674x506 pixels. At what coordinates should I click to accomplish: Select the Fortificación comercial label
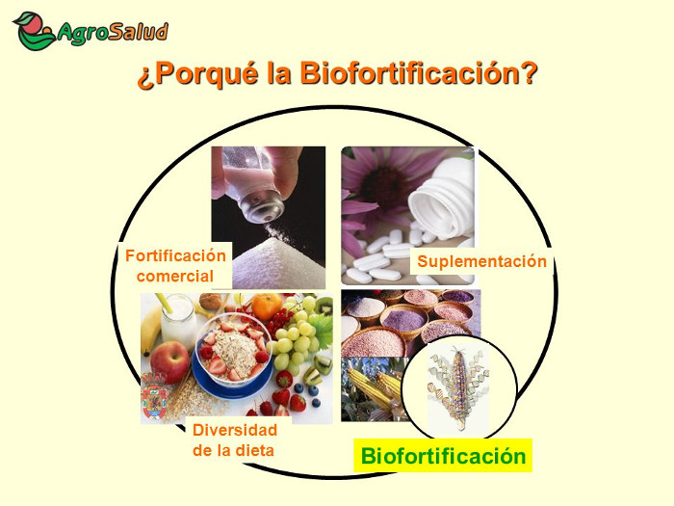pyautogui.click(x=175, y=266)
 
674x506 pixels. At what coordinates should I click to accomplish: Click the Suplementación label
pyautogui.click(x=481, y=261)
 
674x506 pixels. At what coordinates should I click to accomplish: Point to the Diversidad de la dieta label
pyautogui.click(x=235, y=439)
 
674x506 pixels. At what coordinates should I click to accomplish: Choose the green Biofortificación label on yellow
pyautogui.click(x=443, y=456)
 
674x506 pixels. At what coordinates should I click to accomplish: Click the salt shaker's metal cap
pyautogui.click(x=261, y=206)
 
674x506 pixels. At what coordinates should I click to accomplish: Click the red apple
pyautogui.click(x=169, y=361)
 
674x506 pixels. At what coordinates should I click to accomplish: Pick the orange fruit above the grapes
pyautogui.click(x=267, y=306)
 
